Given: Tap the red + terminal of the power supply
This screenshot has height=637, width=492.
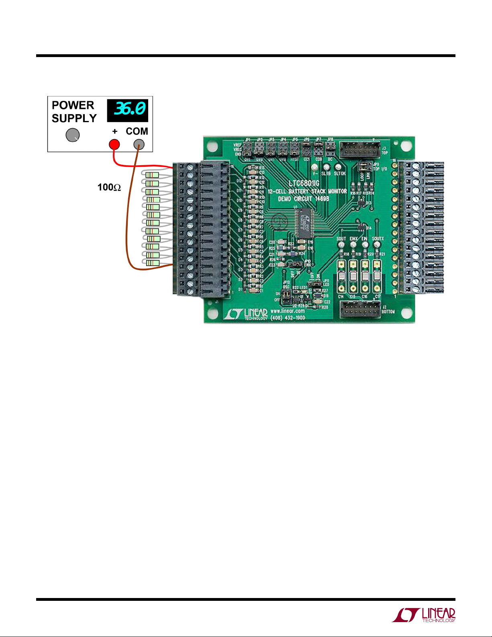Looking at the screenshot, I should [114, 144].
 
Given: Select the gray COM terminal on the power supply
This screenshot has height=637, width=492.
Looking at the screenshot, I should [139, 144].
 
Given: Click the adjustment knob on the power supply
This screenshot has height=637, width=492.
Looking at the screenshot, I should [73, 135].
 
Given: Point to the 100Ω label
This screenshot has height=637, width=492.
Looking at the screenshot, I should [109, 187].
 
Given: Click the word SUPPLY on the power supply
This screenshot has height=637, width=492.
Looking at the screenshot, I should [74, 119].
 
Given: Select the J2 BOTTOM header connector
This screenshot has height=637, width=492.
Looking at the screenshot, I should [360, 309].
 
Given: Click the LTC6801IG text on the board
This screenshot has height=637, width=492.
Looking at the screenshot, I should [304, 184].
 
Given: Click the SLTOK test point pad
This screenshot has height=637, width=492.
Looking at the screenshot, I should [338, 167].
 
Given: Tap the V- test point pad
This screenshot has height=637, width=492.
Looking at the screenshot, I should [315, 167].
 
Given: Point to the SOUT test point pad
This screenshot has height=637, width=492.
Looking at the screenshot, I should [341, 244].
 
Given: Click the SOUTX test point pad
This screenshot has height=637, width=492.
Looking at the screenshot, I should [377, 244].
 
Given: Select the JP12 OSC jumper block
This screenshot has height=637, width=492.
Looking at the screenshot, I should [287, 297].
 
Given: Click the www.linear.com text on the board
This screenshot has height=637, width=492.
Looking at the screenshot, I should [288, 311].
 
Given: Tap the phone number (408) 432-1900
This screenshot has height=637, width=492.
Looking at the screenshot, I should [288, 317].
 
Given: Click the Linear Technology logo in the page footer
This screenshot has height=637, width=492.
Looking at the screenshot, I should [424, 615].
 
